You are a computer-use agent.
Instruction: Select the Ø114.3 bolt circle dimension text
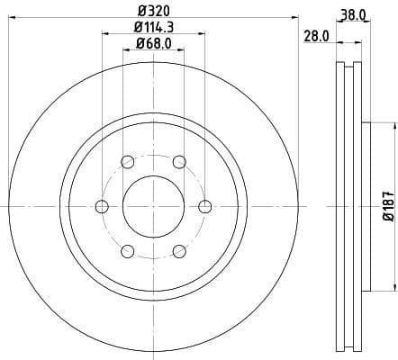click(x=154, y=28)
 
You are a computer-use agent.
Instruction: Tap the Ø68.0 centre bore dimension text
click(x=154, y=43)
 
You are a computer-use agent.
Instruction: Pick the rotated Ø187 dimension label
click(x=387, y=206)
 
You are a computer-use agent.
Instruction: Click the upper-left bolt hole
click(x=127, y=162)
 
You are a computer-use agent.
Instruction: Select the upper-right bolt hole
click(x=179, y=162)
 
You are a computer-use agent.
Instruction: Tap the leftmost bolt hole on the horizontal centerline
click(x=102, y=206)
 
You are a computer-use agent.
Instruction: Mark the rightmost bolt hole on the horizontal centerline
click(x=205, y=206)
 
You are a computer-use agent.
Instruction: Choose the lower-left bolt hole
click(x=127, y=251)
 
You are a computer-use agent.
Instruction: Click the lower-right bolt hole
click(x=179, y=251)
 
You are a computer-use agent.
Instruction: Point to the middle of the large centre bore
click(x=153, y=206)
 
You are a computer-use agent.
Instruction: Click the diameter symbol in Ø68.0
click(x=140, y=43)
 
